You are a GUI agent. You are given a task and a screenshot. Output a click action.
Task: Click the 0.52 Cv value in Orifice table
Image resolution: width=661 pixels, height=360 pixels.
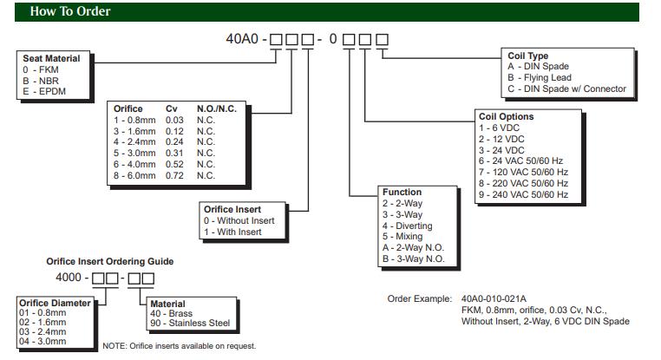(175, 164)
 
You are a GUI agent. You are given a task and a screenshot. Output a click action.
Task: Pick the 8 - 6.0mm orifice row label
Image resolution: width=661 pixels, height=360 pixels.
(136, 175)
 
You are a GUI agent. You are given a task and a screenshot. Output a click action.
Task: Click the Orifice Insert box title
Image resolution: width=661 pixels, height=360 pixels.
(232, 209)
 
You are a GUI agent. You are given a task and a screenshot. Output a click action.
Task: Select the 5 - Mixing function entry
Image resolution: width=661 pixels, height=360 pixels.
(402, 236)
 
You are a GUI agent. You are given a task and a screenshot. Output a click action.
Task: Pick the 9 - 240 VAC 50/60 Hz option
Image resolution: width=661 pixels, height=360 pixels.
(524, 194)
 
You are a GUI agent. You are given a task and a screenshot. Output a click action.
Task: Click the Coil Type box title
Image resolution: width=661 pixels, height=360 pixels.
(528, 56)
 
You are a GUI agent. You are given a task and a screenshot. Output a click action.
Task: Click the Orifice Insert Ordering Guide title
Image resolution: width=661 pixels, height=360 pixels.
(109, 261)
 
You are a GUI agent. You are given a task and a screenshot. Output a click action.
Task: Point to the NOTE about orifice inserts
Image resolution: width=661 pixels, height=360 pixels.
(179, 346)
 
